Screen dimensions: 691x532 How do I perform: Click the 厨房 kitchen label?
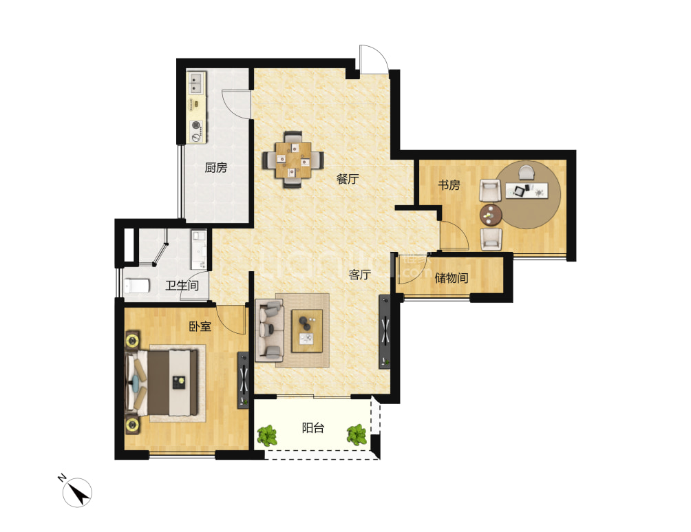216,167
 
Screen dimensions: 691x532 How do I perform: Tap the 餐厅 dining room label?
348,178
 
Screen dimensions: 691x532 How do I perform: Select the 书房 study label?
449,184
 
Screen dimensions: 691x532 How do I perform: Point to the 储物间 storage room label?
451,277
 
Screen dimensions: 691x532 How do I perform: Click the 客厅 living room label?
359,274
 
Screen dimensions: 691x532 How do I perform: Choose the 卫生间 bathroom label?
182,286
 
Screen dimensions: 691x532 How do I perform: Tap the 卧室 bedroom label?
200,326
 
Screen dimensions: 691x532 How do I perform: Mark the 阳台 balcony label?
313,427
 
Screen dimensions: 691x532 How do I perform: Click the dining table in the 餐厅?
293,160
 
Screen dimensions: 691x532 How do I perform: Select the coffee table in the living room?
307,330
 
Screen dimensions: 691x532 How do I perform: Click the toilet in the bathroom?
136,286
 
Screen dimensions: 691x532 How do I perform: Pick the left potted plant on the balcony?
267,436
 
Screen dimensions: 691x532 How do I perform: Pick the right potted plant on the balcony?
357,434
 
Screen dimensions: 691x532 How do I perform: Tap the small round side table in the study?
491,215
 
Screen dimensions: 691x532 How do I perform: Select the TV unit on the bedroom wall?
243,380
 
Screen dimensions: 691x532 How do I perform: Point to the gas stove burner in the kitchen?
195,126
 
